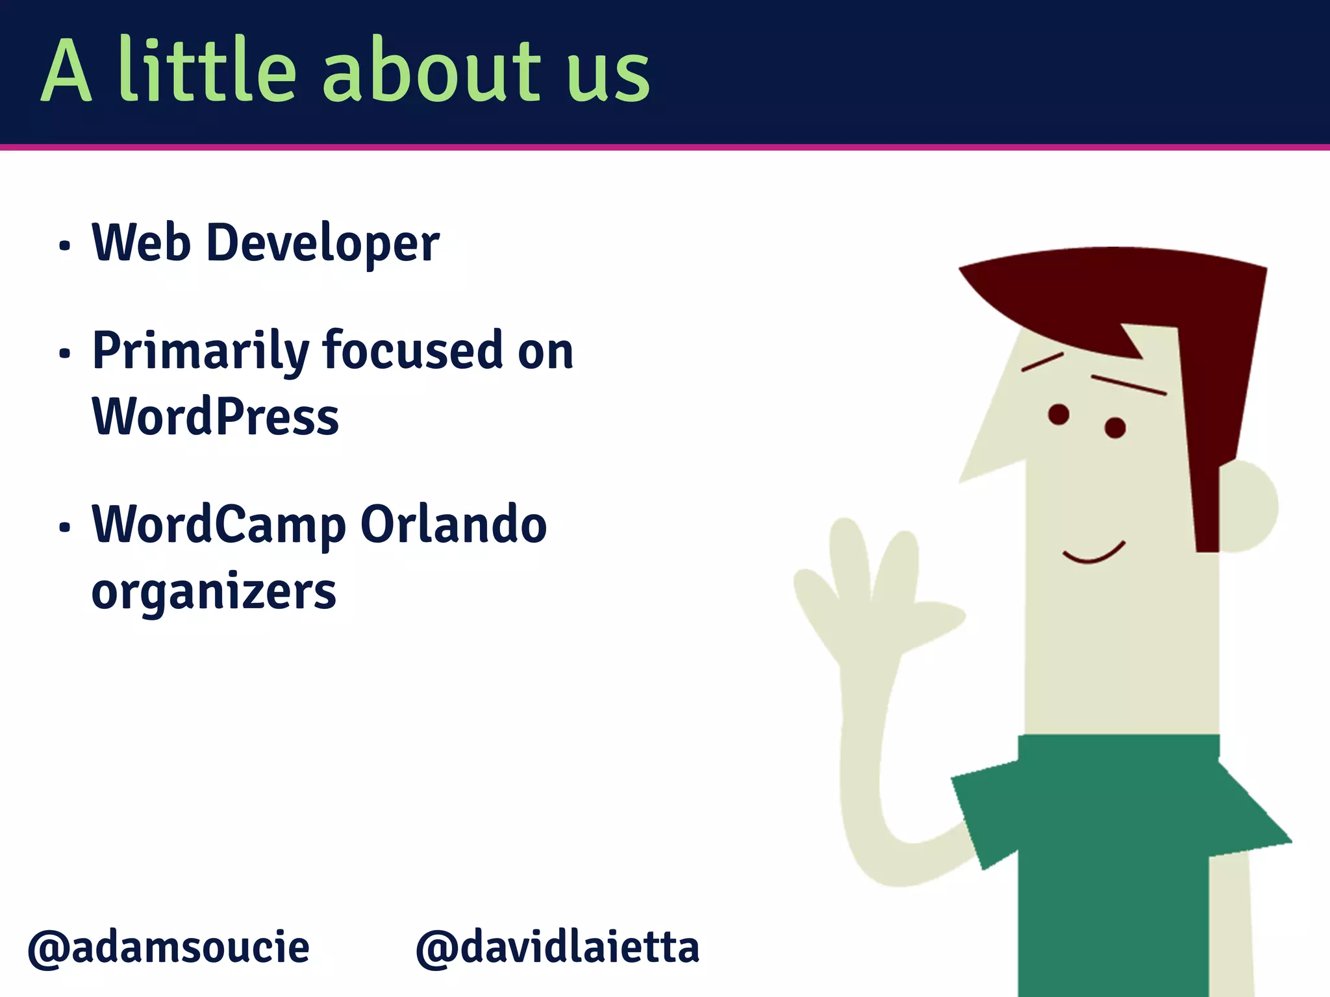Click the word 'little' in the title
(x=207, y=70)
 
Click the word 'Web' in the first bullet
(x=142, y=243)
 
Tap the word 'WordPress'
(x=215, y=417)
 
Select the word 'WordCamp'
(x=219, y=526)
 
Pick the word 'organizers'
(x=214, y=593)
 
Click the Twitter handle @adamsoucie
(x=168, y=948)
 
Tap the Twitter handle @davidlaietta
(x=557, y=948)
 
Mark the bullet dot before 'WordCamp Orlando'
(x=64, y=527)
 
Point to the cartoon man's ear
(x=1248, y=506)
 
